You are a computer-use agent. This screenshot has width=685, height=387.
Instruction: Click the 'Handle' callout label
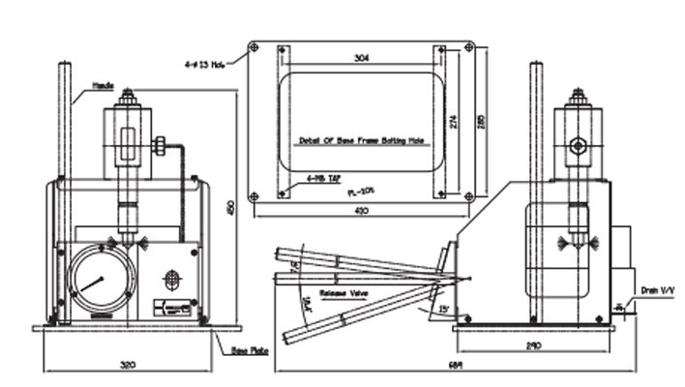(104, 85)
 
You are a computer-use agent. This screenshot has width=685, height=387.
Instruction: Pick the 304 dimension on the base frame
(360, 58)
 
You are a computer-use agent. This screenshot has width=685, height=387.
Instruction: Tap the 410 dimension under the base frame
(361, 211)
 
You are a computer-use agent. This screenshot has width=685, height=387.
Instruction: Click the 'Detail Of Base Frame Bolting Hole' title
(361, 139)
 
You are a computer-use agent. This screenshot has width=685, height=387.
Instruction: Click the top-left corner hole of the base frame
(254, 45)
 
